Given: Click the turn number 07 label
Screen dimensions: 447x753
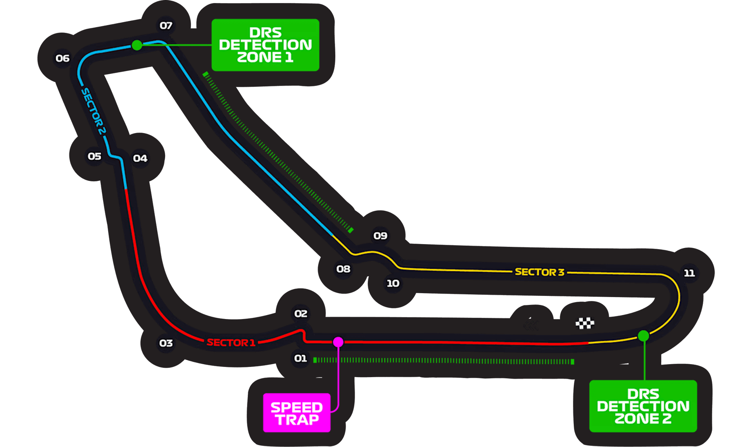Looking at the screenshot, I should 166,26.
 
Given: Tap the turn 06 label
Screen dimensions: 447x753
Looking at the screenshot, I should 62,58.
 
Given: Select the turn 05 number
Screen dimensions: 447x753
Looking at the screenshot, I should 95,156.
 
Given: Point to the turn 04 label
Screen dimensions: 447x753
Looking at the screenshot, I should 140,158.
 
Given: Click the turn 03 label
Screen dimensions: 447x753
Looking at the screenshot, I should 166,343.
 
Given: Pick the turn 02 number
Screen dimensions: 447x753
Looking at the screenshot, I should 301,314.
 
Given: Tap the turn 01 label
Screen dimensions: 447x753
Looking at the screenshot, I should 300,358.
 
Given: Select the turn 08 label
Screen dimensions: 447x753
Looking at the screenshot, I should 343,269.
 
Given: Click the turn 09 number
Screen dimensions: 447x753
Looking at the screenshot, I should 380,235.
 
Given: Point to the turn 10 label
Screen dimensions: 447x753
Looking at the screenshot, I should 393,283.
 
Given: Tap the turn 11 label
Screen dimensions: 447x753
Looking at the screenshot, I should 689,273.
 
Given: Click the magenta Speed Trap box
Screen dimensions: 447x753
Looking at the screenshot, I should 296,413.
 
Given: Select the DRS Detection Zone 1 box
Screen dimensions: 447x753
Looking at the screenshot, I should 265,45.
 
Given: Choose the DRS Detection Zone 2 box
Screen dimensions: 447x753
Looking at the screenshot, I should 643,406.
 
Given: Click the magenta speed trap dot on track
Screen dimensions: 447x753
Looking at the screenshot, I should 338,342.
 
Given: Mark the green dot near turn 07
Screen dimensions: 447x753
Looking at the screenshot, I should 136,45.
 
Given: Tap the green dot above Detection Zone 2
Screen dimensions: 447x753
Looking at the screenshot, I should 643,336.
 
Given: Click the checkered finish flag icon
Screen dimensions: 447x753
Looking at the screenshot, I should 585,323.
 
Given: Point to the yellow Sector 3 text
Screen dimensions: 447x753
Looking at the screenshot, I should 539,272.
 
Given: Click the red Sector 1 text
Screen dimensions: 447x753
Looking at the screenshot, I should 231,343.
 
